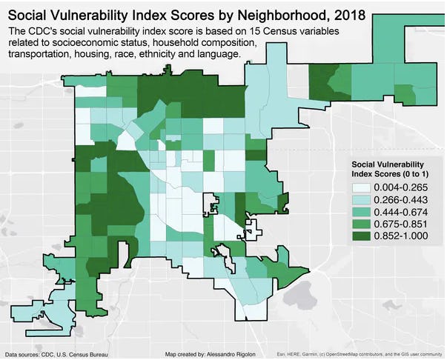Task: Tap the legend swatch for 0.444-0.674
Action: point(361,211)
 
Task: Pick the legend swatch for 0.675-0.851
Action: point(361,224)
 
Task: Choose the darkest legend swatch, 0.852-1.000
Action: point(361,236)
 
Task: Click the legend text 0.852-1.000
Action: point(400,236)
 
